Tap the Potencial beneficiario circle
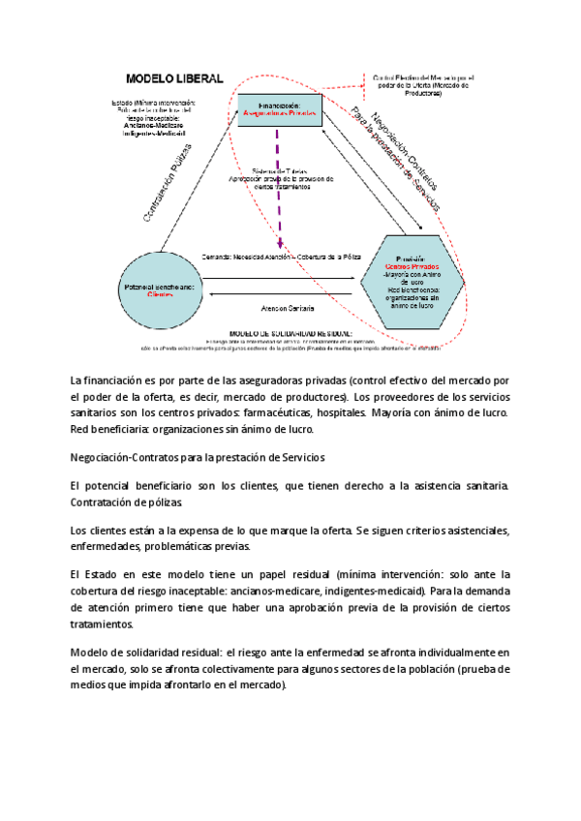click(x=160, y=290)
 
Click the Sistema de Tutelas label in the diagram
click(x=279, y=170)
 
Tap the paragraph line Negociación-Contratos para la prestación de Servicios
click(x=198, y=457)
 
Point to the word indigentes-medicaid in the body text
click(x=369, y=591)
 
